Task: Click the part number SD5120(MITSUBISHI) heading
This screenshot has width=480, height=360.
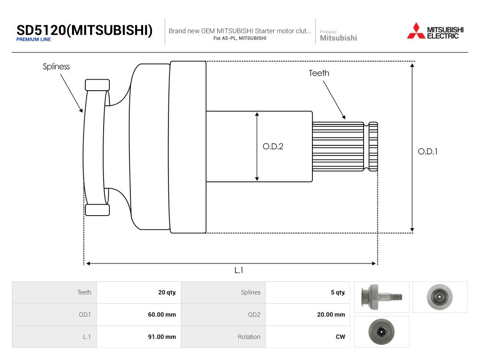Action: [x=84, y=30]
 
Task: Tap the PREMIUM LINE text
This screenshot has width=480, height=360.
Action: [x=34, y=40]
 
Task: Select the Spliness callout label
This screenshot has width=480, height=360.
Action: [x=56, y=66]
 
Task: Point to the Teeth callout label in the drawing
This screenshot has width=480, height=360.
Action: [x=319, y=73]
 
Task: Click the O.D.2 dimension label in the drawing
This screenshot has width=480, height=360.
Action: [x=273, y=146]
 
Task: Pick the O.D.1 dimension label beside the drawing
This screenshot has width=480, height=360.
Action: [x=428, y=151]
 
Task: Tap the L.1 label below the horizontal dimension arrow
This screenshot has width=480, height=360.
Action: [x=239, y=270]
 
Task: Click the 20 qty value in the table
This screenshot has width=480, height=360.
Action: [x=167, y=292]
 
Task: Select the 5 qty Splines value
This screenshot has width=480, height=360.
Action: [x=338, y=292]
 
